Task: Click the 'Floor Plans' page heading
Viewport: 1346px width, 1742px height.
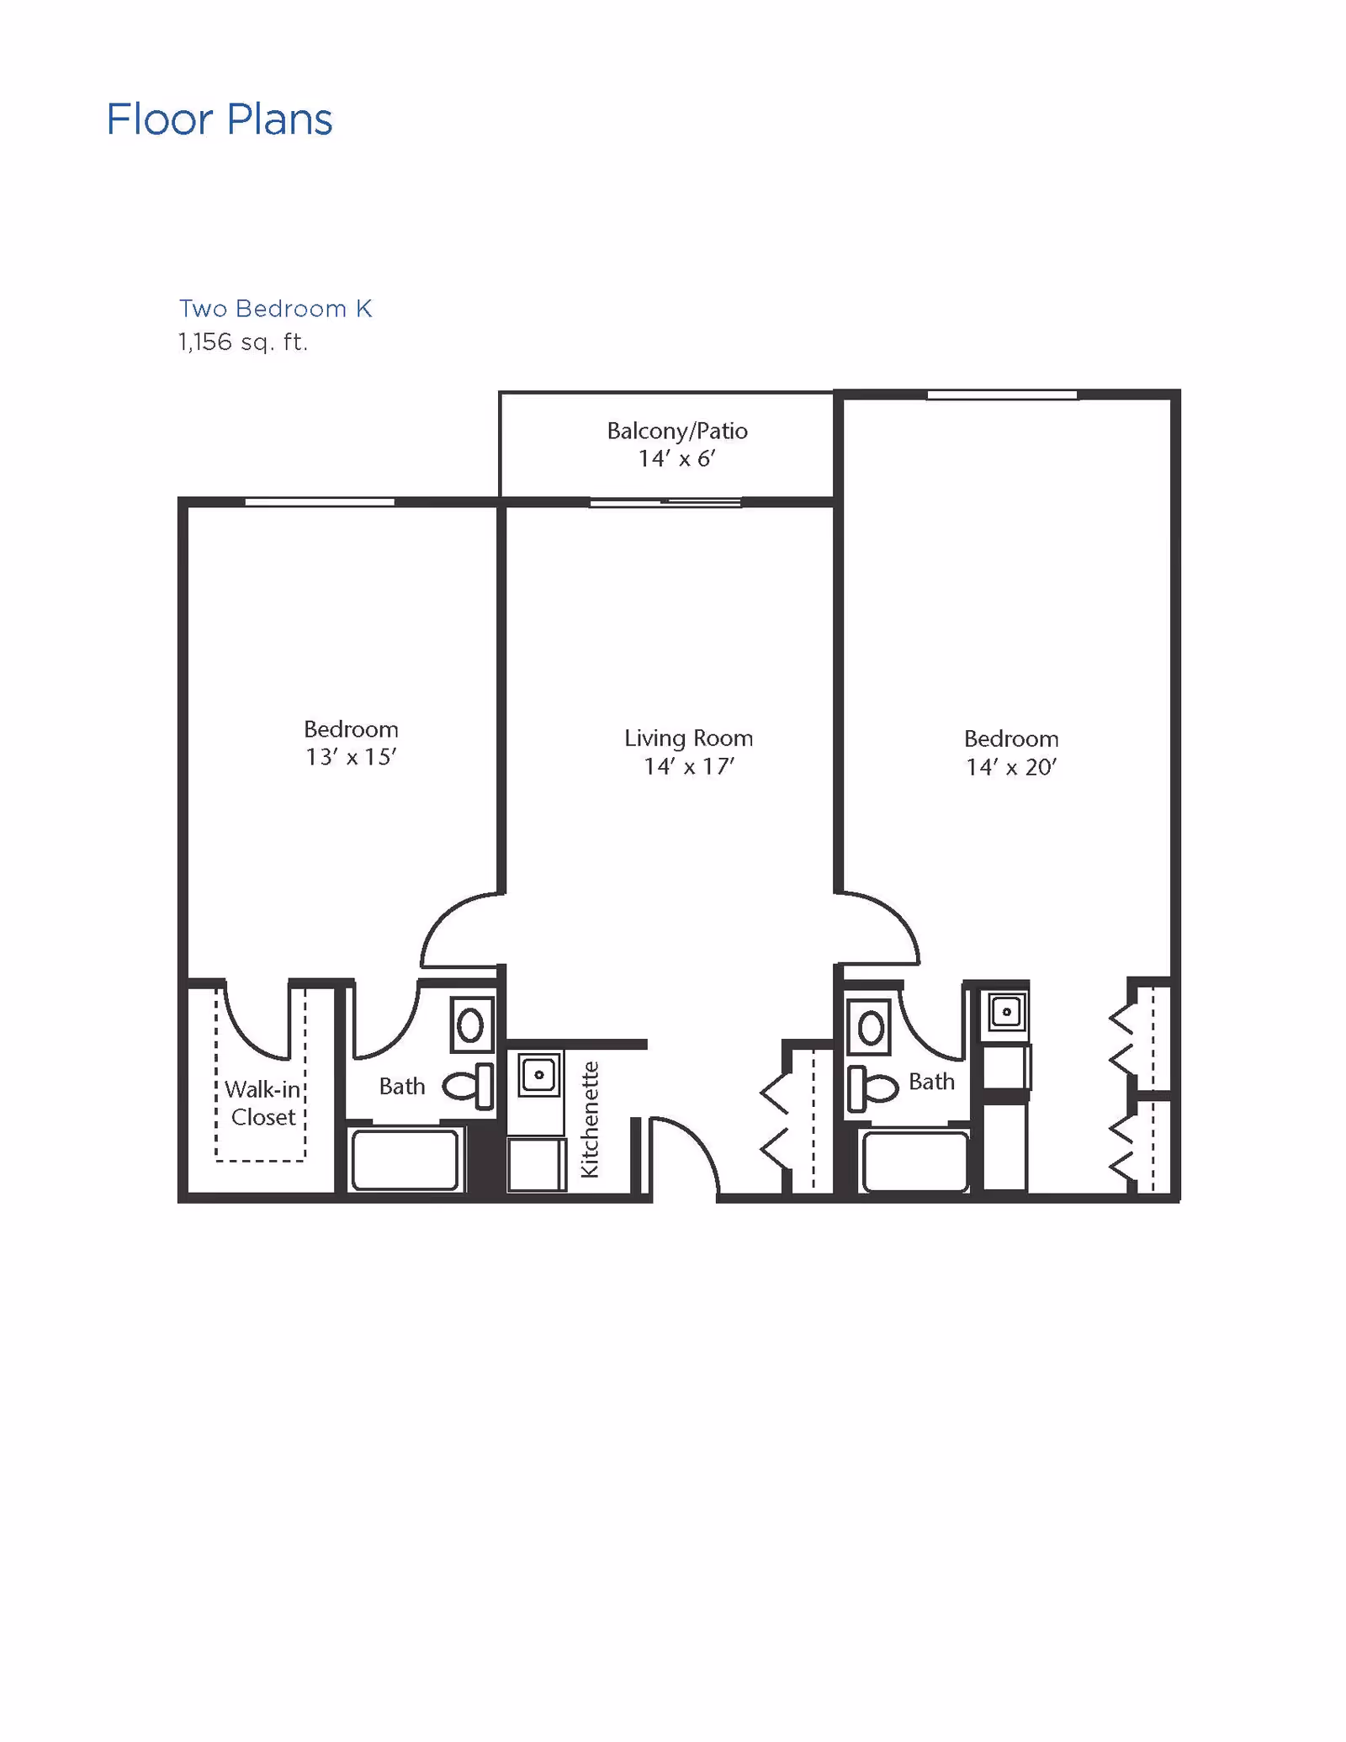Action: click(220, 119)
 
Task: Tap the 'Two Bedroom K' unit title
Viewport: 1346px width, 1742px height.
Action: click(275, 309)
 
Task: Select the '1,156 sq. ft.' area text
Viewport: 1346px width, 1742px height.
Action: click(243, 342)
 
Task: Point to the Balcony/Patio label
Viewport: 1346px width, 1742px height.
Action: click(677, 432)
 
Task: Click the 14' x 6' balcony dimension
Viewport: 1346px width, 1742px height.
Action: click(677, 458)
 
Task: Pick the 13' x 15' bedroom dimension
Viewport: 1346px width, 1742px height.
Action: click(351, 757)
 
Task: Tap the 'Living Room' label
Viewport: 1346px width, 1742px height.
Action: click(688, 739)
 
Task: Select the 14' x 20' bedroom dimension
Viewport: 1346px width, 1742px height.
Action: click(1011, 767)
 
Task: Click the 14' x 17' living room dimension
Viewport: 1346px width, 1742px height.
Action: click(689, 766)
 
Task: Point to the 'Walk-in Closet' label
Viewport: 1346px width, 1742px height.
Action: click(263, 1104)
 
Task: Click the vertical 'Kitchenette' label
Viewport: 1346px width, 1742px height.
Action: click(590, 1120)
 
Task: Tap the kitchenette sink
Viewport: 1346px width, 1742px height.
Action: click(539, 1074)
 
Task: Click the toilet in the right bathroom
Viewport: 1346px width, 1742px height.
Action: click(872, 1088)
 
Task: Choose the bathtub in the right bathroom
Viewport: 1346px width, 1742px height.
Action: click(915, 1162)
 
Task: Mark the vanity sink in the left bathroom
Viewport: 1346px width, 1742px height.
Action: click(471, 1025)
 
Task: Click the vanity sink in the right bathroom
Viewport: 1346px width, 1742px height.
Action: click(869, 1027)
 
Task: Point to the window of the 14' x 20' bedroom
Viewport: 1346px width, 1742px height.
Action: click(1002, 394)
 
